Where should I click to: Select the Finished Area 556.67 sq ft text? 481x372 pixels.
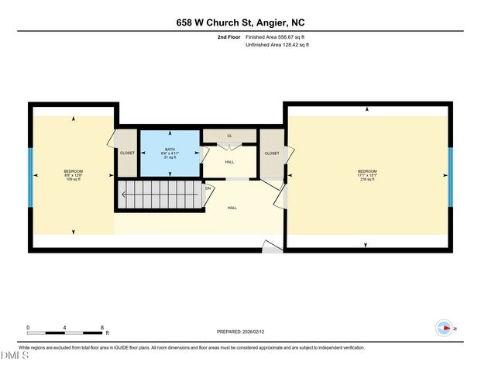pyautogui.click(x=277, y=36)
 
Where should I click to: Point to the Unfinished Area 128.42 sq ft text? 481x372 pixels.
pyautogui.click(x=277, y=46)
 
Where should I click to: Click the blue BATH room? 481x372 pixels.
pyautogui.click(x=170, y=152)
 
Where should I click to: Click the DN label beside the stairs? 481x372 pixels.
pyautogui.click(x=208, y=188)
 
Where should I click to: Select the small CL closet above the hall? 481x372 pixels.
pyautogui.click(x=229, y=136)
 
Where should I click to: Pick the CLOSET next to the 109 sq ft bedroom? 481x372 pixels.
pyautogui.click(x=127, y=153)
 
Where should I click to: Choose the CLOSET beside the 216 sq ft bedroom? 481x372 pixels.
pyautogui.click(x=272, y=153)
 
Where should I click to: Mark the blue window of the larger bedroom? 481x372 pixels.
pyautogui.click(x=450, y=175)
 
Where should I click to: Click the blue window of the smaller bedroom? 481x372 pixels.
pyautogui.click(x=30, y=175)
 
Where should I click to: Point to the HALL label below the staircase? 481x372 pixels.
pyautogui.click(x=232, y=208)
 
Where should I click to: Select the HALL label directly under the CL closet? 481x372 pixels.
pyautogui.click(x=229, y=162)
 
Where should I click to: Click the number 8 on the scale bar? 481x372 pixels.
pyautogui.click(x=102, y=328)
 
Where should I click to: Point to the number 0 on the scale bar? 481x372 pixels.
pyautogui.click(x=28, y=328)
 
